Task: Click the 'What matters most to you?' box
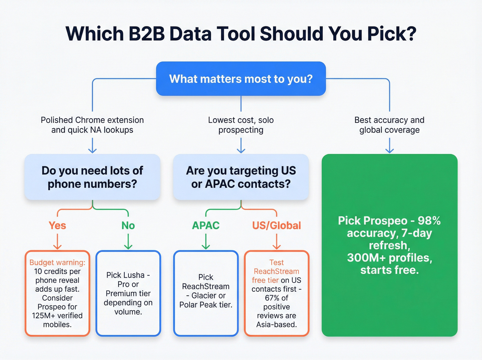click(x=241, y=79)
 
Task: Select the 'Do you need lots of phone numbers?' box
click(x=92, y=177)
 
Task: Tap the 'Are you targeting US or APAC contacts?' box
click(x=241, y=177)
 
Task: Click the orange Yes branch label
click(x=57, y=226)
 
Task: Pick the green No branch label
click(x=128, y=226)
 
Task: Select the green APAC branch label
click(x=206, y=226)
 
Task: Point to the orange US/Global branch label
click(x=276, y=226)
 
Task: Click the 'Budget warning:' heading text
click(x=57, y=263)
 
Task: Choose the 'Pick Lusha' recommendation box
click(x=128, y=293)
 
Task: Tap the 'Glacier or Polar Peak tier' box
click(x=206, y=293)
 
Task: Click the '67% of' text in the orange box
click(x=276, y=298)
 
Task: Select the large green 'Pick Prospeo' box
click(x=389, y=245)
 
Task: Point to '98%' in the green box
click(x=429, y=221)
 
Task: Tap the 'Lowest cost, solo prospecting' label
click(x=241, y=125)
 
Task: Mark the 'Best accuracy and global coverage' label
click(x=389, y=125)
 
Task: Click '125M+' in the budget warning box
click(x=43, y=316)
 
